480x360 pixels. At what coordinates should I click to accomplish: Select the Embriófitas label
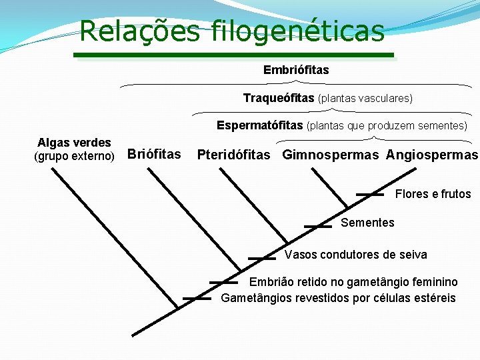click(296, 70)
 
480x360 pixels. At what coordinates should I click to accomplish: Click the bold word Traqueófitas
click(279, 99)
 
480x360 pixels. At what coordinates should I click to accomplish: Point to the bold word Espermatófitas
click(259, 125)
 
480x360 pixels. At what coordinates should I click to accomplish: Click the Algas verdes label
click(74, 143)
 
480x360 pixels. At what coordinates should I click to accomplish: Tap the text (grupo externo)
click(74, 157)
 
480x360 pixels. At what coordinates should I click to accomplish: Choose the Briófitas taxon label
click(154, 155)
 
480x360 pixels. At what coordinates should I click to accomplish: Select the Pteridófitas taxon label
click(234, 155)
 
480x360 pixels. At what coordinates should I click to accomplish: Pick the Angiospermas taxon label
click(432, 155)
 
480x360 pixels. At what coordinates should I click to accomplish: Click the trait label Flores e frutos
click(433, 195)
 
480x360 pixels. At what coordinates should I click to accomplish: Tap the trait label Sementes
click(367, 223)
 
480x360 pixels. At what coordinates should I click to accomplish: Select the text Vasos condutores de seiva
click(356, 255)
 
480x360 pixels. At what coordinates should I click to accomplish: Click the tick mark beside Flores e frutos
click(370, 195)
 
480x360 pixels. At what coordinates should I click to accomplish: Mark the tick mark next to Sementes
click(318, 227)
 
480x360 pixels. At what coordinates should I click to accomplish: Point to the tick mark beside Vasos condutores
click(262, 257)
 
